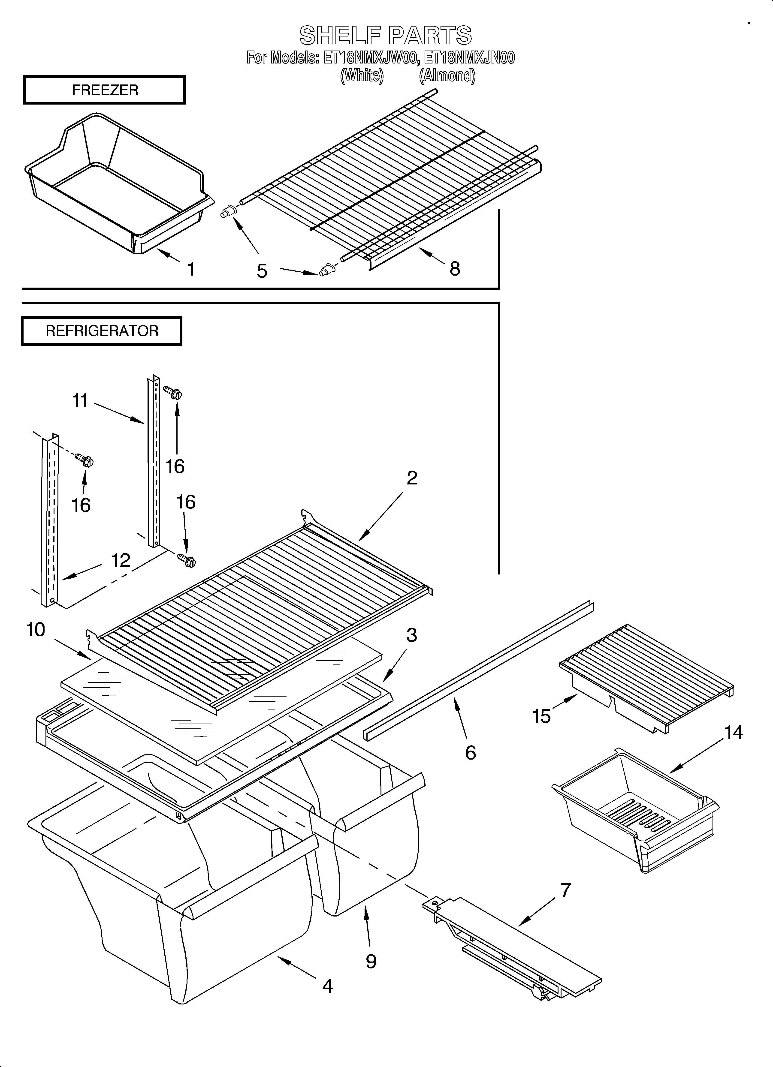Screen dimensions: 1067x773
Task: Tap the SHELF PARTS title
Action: coord(386,35)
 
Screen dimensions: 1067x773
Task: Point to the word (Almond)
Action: coord(447,75)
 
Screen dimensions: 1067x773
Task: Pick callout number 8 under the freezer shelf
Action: coord(454,269)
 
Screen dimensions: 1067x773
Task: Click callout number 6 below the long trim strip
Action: coord(470,753)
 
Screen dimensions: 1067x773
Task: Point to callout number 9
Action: coord(371,962)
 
